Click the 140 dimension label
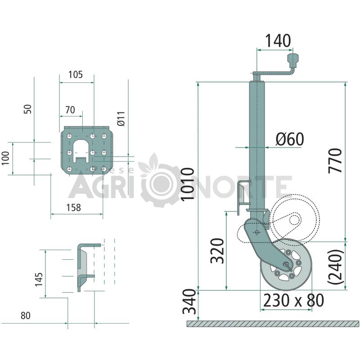pyautogui.click(x=278, y=40)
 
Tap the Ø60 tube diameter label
pyautogui.click(x=290, y=139)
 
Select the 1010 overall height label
pyautogui.click(x=188, y=184)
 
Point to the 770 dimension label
pyautogui.click(x=335, y=161)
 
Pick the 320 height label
pyautogui.click(x=217, y=251)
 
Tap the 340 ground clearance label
pyautogui.click(x=189, y=301)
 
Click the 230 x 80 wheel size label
pyautogui.click(x=293, y=300)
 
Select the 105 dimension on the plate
pyautogui.click(x=76, y=74)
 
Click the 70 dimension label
pyautogui.click(x=70, y=110)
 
